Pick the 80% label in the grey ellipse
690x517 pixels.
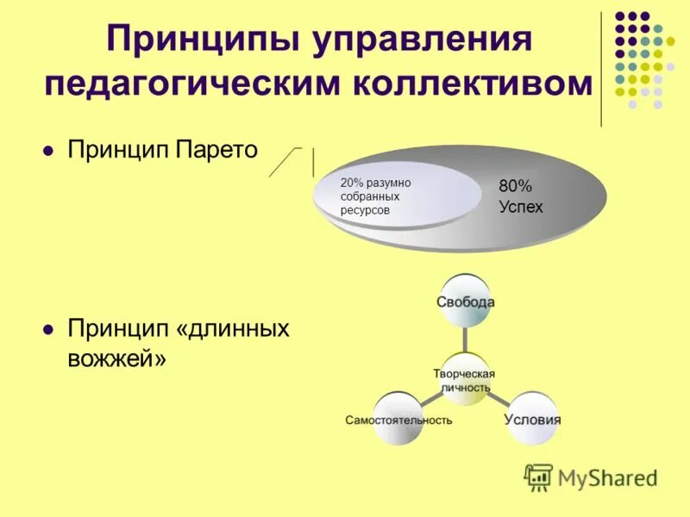(516, 186)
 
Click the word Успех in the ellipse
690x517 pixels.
(521, 207)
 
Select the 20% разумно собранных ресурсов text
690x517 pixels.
(375, 196)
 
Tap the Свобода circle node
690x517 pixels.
(465, 302)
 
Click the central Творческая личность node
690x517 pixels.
(465, 379)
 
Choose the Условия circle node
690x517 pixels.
(531, 420)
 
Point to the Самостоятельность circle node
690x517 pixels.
(398, 420)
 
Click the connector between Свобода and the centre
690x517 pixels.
(465, 339)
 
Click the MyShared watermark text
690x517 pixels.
(608, 477)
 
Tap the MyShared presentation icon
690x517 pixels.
(539, 477)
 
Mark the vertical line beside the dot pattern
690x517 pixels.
(601, 69)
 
